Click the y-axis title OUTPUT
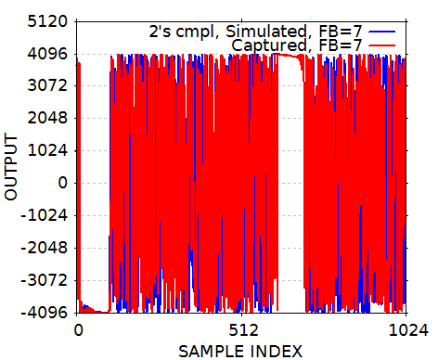(x=12, y=168)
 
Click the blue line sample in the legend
(x=382, y=31)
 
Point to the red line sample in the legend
(x=382, y=45)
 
